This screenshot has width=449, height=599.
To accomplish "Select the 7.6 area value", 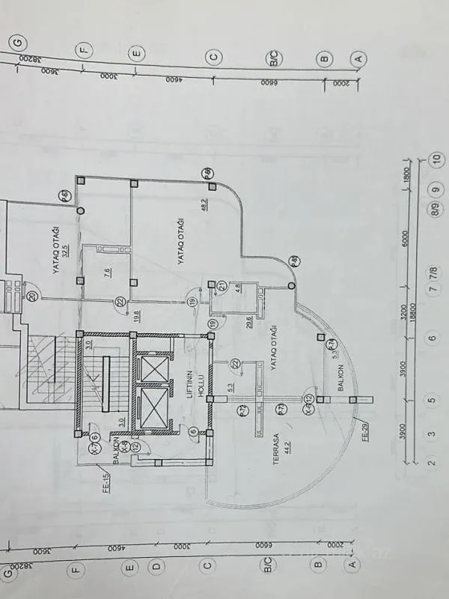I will click(108, 273).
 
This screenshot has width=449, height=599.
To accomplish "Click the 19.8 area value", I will click(136, 314).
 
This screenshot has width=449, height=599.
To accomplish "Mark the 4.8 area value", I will click(237, 287).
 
